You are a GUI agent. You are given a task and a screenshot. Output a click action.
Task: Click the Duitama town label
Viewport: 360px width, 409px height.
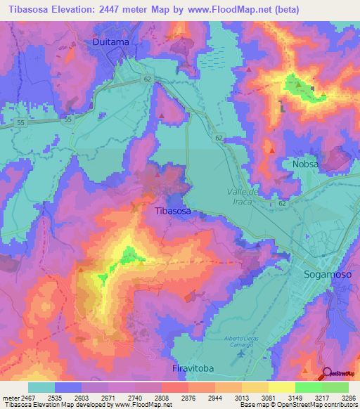click(111, 42)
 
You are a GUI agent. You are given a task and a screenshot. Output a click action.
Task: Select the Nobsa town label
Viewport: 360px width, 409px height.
click(306, 164)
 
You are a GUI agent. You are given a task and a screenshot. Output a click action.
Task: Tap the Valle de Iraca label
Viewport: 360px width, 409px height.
click(244, 197)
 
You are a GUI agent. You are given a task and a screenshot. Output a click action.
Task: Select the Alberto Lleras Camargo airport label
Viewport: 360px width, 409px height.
click(242, 344)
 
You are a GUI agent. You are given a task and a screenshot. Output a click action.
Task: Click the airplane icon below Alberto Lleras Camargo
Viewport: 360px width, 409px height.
click(242, 353)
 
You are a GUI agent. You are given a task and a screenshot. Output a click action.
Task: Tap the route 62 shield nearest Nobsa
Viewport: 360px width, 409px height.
click(282, 202)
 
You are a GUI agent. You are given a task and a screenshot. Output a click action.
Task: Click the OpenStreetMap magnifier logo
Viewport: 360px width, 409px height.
click(327, 373)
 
